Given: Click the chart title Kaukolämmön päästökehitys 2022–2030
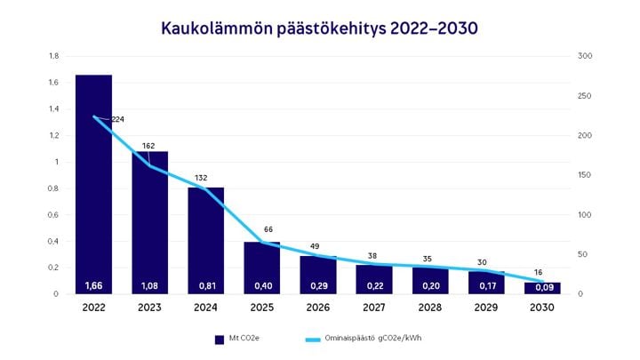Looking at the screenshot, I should [319, 28].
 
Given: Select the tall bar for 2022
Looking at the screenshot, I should [93, 178].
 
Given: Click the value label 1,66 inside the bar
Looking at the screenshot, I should [93, 285].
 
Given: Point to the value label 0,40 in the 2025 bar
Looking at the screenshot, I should [261, 285].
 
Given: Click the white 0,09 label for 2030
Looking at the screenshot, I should [542, 285].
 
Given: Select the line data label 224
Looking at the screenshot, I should [117, 119].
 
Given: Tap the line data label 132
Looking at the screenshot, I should [201, 177].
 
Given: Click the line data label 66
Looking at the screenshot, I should [268, 229].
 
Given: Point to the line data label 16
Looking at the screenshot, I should [539, 273].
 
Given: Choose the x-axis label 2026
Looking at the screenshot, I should [317, 308].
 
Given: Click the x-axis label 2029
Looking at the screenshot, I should [486, 308].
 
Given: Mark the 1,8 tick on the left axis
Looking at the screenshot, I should [53, 56].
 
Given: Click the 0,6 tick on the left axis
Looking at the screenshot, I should [53, 215].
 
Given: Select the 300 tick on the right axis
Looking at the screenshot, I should [584, 56].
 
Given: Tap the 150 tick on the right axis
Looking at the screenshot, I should [584, 175].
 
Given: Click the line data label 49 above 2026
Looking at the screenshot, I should [315, 246].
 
